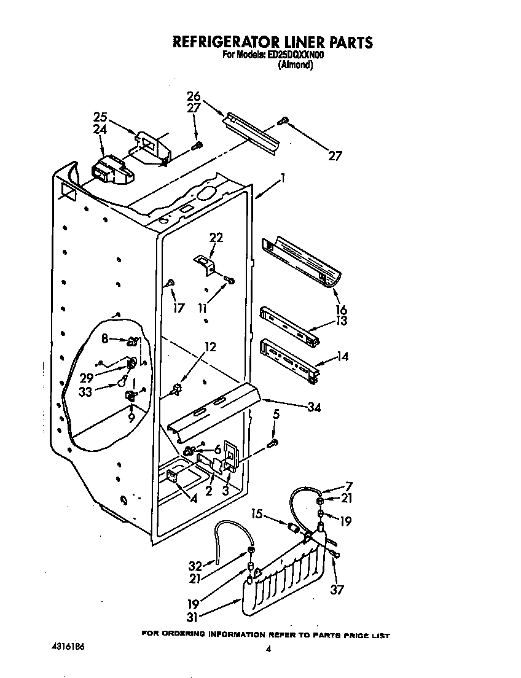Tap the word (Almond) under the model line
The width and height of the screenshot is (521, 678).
tap(296, 64)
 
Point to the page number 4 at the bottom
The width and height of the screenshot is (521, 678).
tap(268, 649)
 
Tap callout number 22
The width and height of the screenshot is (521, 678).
tap(216, 238)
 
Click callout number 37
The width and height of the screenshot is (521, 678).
tap(336, 590)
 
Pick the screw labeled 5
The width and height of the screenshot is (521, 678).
tap(274, 442)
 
